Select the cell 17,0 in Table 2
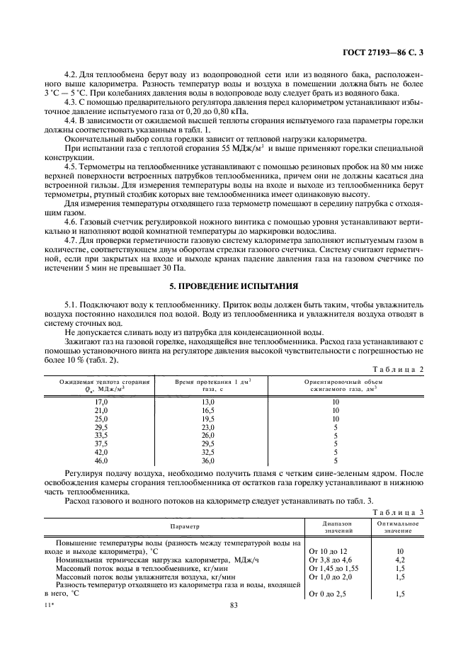pyautogui.click(x=101, y=402)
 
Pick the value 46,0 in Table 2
pyautogui.click(x=101, y=460)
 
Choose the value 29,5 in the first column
pyautogui.click(x=101, y=427)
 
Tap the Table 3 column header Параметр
pyautogui.click(x=185, y=527)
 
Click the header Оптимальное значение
pyautogui.click(x=400, y=527)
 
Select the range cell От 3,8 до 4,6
pyautogui.click(x=331, y=560)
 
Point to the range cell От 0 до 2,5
pyautogui.click(x=330, y=594)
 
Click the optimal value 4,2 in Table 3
pyautogui.click(x=400, y=560)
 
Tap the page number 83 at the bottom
pyautogui.click(x=234, y=604)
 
